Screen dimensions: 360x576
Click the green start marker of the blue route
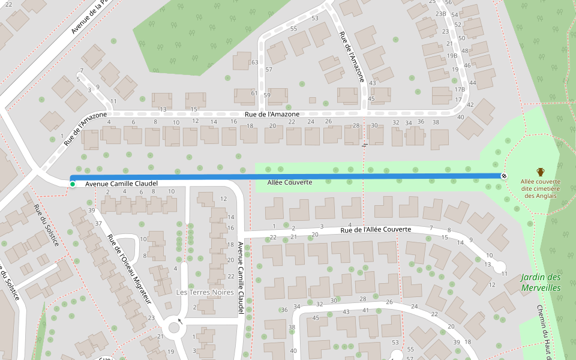pyautogui.click(x=73, y=184)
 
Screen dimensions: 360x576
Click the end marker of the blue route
pyautogui.click(x=504, y=176)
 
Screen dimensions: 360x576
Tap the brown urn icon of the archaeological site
pyautogui.click(x=540, y=172)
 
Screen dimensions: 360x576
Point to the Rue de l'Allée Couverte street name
pyautogui.click(x=376, y=230)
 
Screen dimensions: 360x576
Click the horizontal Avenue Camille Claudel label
pyautogui.click(x=121, y=184)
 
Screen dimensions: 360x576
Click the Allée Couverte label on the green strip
pyautogui.click(x=290, y=182)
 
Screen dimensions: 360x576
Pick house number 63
pyautogui.click(x=254, y=62)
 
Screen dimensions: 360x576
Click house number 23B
pyautogui.click(x=440, y=13)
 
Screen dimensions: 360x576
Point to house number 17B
pyautogui.click(x=460, y=89)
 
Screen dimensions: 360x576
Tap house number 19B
pyautogui.click(x=452, y=56)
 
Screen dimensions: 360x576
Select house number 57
pyautogui.click(x=269, y=70)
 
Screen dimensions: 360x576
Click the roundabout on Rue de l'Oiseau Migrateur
pyautogui.click(x=175, y=328)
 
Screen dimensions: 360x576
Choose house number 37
pyautogui.click(x=99, y=223)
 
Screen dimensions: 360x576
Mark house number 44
pyautogui.click(x=473, y=83)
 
